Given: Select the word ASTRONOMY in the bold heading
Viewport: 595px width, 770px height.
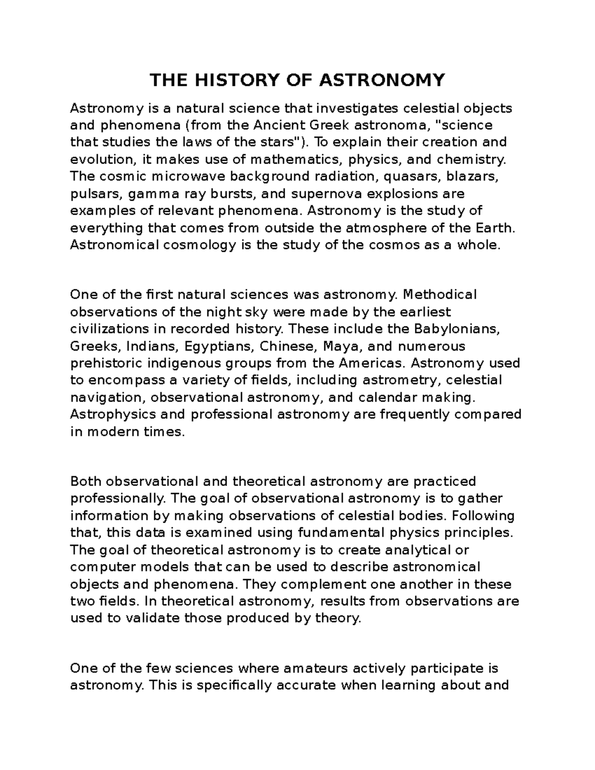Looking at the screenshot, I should coord(382,80).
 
